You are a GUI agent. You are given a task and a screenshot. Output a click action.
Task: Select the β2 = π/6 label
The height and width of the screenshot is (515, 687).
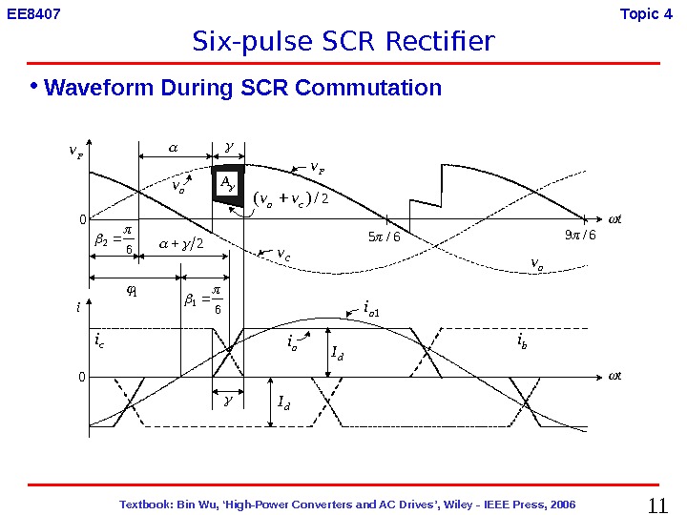pos(114,238)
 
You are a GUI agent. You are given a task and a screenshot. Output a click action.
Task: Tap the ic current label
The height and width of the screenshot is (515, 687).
pos(99,340)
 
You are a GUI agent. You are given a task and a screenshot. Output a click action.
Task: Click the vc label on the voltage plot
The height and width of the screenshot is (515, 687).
pos(283,255)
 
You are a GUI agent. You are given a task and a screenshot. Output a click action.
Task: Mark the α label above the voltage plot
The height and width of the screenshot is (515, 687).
pos(173,148)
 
